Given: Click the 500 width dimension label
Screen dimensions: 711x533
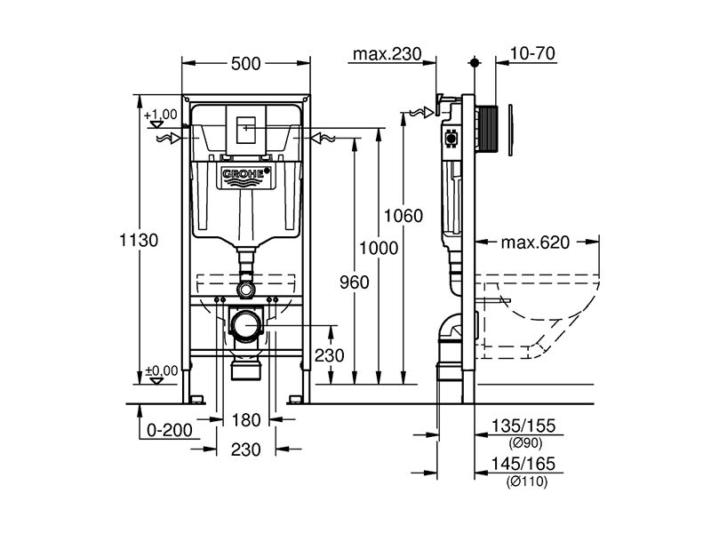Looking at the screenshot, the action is point(246,64).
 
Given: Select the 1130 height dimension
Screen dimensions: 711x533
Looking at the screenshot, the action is point(139,240).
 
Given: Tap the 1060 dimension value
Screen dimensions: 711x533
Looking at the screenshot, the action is point(403,216).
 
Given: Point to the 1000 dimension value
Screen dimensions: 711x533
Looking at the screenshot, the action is point(379,248).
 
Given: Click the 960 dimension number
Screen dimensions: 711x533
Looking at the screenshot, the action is point(355,282).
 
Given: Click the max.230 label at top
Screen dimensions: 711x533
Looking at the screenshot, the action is point(387,54).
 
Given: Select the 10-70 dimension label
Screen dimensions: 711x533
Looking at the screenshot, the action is point(532,53).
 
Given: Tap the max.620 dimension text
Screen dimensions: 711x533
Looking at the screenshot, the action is point(535,243).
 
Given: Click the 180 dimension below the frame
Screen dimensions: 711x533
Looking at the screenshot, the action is point(246,420).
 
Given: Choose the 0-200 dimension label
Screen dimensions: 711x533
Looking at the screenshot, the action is point(170,430).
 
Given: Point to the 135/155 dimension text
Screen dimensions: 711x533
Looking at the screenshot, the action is point(523,426).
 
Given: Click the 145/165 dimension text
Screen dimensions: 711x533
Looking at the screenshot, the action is point(523,463).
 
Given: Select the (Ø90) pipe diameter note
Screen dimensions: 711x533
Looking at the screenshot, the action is point(524,442).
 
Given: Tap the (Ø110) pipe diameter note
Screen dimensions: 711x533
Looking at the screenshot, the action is point(527,481).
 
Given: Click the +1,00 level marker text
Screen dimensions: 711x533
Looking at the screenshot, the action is point(161,115).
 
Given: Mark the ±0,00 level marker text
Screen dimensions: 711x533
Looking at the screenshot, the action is point(162,370).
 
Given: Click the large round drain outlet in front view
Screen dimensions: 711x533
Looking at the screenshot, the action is point(246,326).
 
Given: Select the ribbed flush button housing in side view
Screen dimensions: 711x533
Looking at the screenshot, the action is point(488,129).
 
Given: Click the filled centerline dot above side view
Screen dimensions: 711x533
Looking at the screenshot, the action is point(475,62).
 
